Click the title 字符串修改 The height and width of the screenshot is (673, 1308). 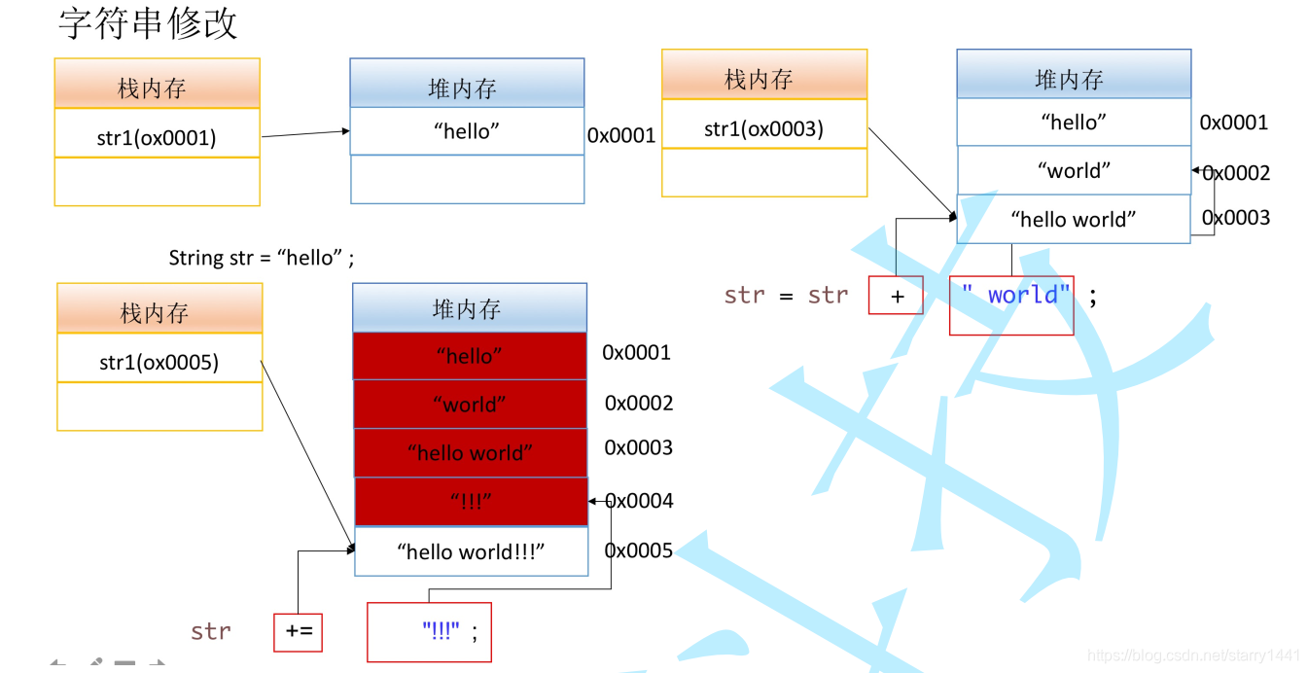(x=148, y=23)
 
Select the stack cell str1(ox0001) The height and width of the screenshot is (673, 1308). (x=157, y=137)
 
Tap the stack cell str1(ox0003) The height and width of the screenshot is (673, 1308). (x=763, y=128)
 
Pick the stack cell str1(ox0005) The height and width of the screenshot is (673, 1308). (x=159, y=363)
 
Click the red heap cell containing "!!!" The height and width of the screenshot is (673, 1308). (x=471, y=502)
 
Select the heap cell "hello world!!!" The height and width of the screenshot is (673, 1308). (x=471, y=551)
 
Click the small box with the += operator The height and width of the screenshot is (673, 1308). (x=298, y=632)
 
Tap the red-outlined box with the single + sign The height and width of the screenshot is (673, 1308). (x=896, y=296)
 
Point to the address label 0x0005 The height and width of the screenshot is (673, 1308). (x=639, y=551)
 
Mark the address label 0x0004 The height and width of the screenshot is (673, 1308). (x=639, y=501)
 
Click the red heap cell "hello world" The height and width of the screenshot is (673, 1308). (x=470, y=453)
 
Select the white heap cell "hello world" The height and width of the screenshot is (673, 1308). (x=1073, y=220)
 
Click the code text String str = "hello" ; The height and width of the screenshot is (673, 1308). (x=262, y=258)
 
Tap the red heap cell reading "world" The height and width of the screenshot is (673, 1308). (x=470, y=405)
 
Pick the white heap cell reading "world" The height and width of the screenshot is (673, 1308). (x=1074, y=171)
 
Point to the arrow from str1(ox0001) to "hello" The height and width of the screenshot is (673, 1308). (x=304, y=133)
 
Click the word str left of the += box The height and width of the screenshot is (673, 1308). (x=211, y=632)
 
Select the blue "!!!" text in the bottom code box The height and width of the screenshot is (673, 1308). (x=441, y=631)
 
